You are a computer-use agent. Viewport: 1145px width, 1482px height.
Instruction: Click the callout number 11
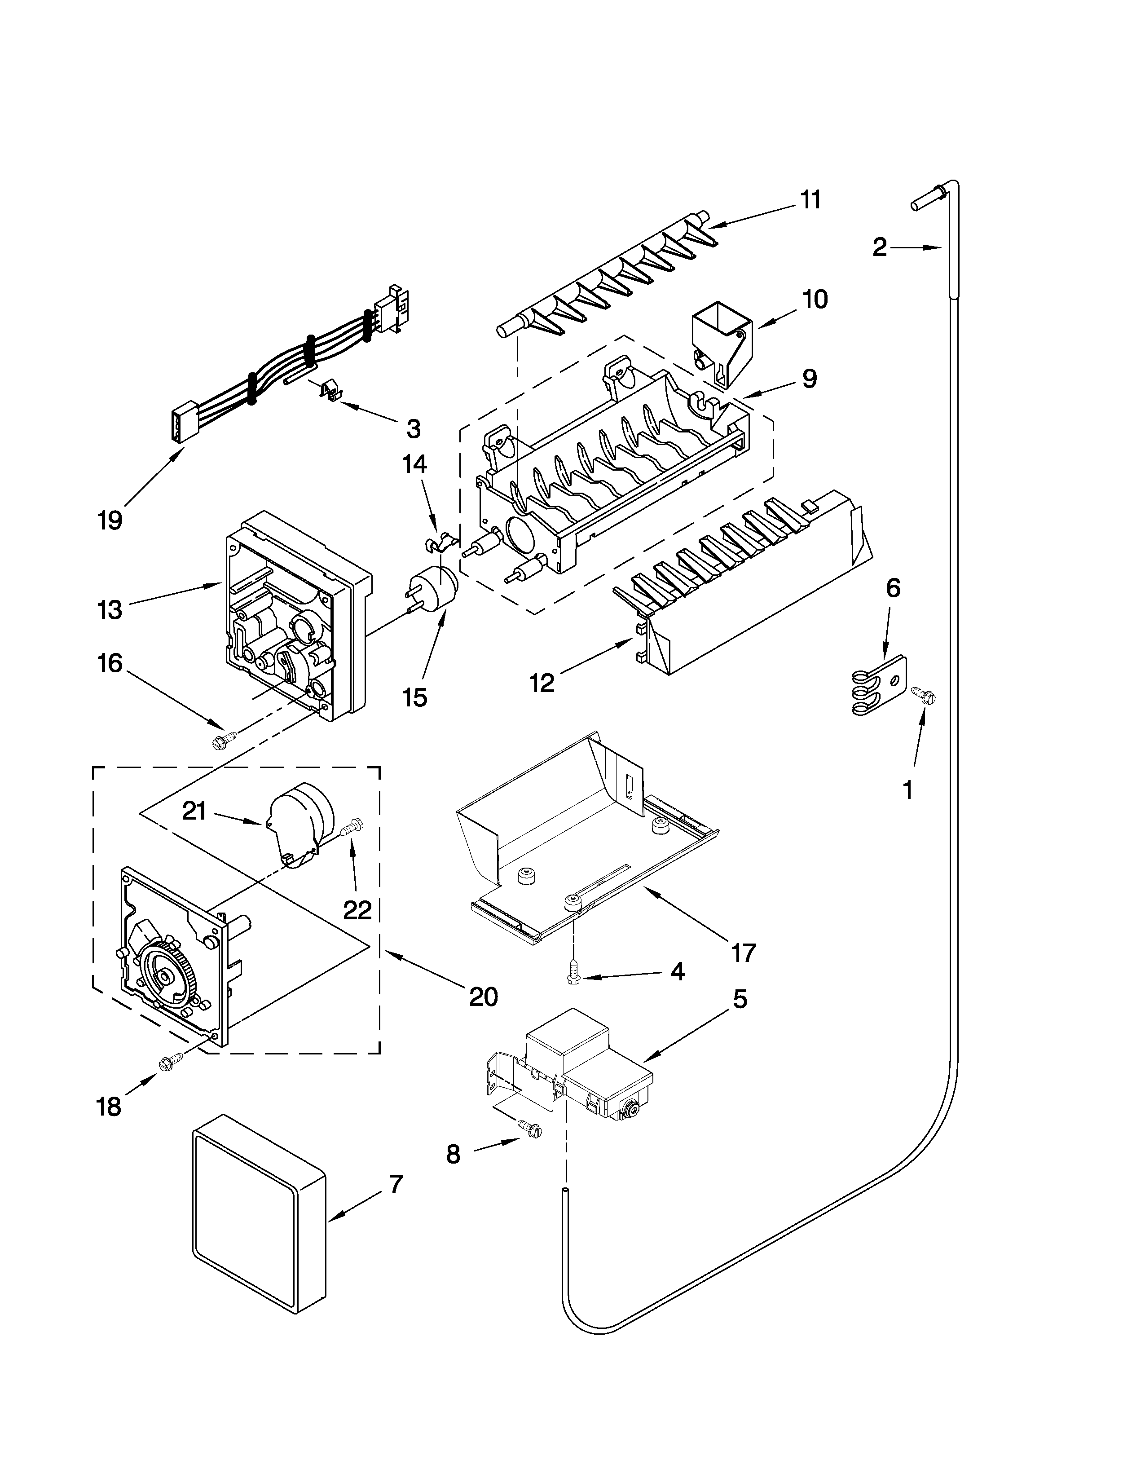[810, 200]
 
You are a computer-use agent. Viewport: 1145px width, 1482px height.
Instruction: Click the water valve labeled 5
[587, 1071]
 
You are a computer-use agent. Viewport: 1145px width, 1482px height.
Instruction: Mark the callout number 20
[484, 996]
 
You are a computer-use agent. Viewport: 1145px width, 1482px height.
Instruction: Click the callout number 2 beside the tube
[879, 248]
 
